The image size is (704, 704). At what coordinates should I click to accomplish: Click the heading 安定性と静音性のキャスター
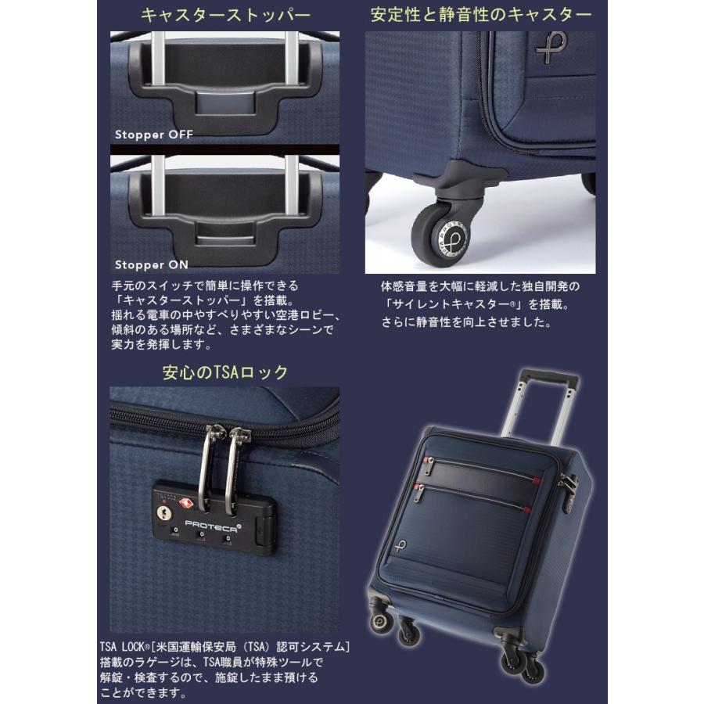(x=481, y=15)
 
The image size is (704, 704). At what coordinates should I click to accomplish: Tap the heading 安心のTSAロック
(x=225, y=372)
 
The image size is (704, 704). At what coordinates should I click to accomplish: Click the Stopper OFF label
(x=153, y=135)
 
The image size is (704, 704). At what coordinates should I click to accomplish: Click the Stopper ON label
(x=152, y=264)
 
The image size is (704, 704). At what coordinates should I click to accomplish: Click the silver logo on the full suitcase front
(x=400, y=545)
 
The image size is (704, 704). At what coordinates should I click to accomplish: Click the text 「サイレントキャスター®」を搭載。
(x=480, y=304)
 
